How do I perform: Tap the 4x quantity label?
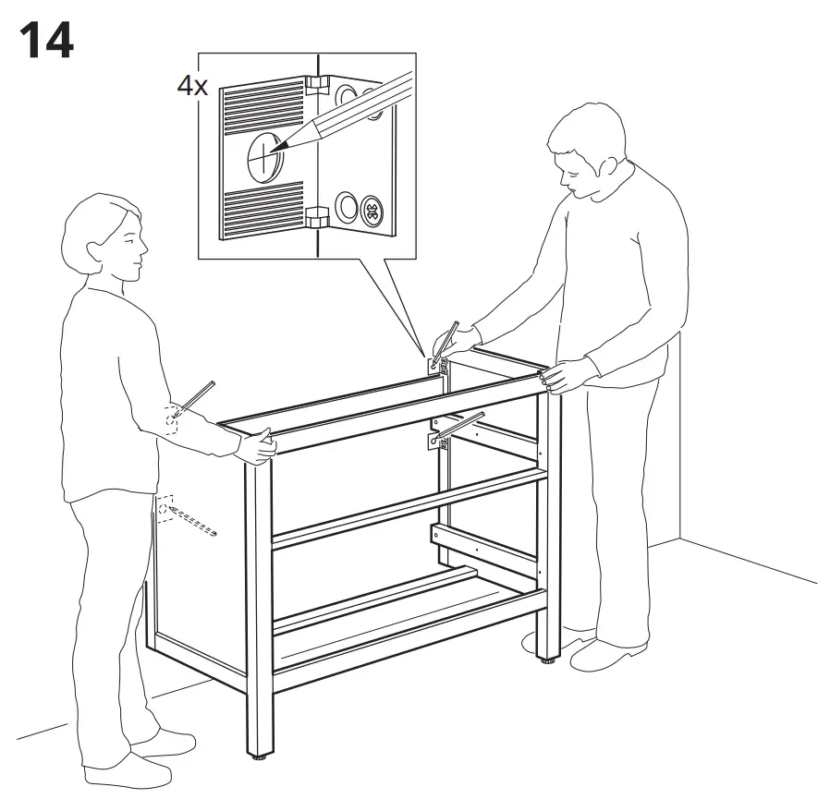[x=192, y=88]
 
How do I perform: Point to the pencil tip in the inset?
[x=277, y=148]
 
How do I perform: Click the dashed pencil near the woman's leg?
[x=189, y=522]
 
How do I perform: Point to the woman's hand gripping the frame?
[x=256, y=446]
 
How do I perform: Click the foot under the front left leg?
[x=258, y=762]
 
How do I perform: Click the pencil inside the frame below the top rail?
[x=458, y=427]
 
